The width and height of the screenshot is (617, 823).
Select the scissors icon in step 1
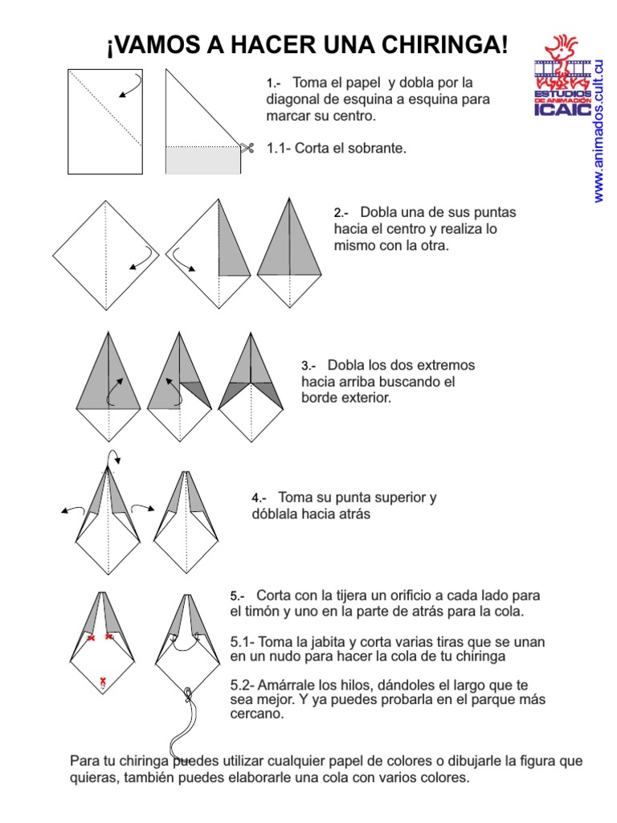[247, 148]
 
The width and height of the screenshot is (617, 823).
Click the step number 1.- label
[273, 84]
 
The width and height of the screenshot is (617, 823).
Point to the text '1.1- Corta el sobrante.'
[336, 149]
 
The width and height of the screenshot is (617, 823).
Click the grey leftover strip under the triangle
[202, 161]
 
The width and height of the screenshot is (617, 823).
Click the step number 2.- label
[341, 214]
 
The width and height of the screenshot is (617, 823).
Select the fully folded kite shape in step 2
[290, 253]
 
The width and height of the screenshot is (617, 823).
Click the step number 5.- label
[237, 596]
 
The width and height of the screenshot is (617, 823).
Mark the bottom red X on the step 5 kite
[103, 682]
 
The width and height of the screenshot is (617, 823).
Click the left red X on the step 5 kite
[91, 638]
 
